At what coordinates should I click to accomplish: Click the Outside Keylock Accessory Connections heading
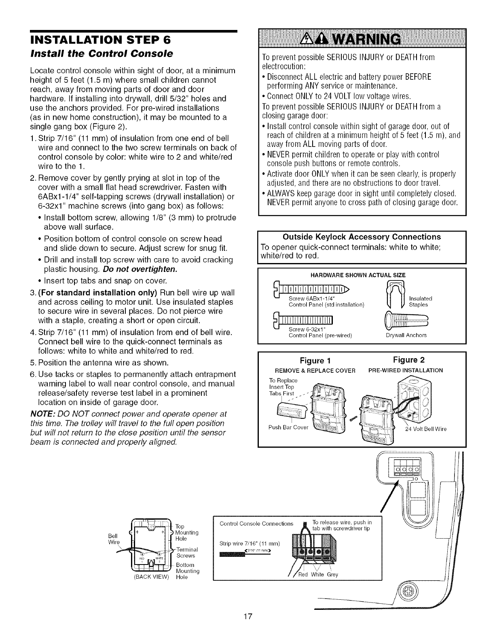(x=362, y=237)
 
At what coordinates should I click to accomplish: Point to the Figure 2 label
(x=408, y=360)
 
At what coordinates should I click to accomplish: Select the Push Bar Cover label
(x=288, y=427)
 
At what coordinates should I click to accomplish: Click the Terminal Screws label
(x=187, y=552)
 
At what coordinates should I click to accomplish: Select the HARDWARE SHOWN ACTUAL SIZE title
(x=357, y=275)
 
